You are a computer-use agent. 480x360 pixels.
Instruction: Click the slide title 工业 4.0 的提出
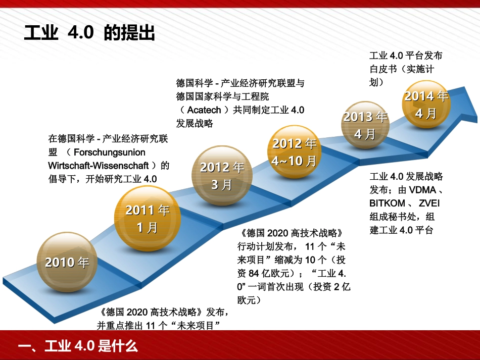[89, 33]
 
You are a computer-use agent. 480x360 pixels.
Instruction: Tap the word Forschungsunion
[109, 152]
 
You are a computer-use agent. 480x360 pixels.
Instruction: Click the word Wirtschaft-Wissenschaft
[99, 165]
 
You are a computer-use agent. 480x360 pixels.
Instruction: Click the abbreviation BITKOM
[388, 203]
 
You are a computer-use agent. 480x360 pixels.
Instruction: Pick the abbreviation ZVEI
[429, 203]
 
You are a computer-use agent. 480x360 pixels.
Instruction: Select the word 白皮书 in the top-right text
[383, 69]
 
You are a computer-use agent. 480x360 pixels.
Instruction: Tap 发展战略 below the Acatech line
[195, 123]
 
